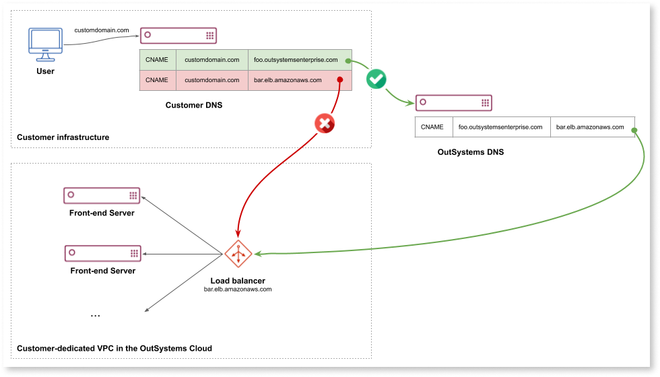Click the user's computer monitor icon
pyautogui.click(x=45, y=44)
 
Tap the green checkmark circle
pyautogui.click(x=376, y=79)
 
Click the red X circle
pyautogui.click(x=325, y=123)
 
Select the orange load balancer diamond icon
pyautogui.click(x=238, y=254)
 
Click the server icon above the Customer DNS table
pyautogui.click(x=178, y=36)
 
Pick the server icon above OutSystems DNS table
pyautogui.click(x=453, y=103)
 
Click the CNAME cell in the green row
pyautogui.click(x=157, y=60)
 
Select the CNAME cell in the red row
pyautogui.click(x=157, y=80)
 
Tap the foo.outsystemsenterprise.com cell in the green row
pyautogui.click(x=296, y=60)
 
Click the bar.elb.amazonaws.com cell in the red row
pyautogui.click(x=288, y=80)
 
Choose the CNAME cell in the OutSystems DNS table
pyautogui.click(x=432, y=127)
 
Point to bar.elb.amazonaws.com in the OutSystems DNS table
pyautogui.click(x=590, y=127)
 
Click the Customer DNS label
pyautogui.click(x=194, y=106)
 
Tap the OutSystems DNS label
pyautogui.click(x=470, y=152)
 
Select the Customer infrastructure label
pyautogui.click(x=63, y=137)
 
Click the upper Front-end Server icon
pyautogui.click(x=102, y=195)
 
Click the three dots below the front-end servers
pyautogui.click(x=95, y=314)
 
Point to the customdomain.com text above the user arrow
pyautogui.click(x=101, y=30)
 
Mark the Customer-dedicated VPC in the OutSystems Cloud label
pyautogui.click(x=114, y=348)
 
